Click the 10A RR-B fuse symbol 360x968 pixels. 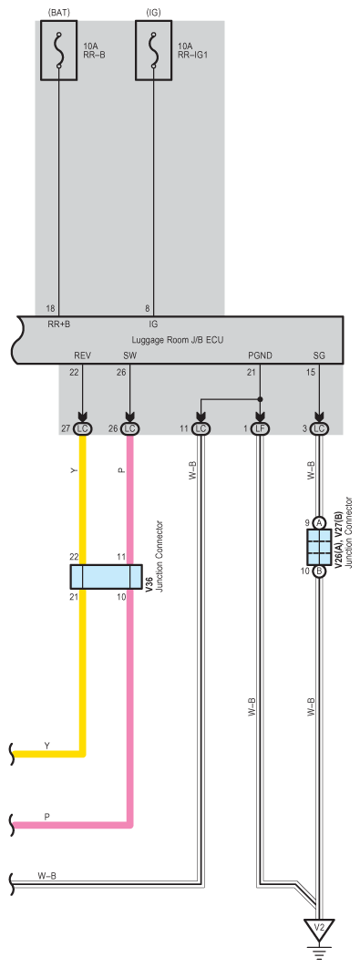pyautogui.click(x=59, y=58)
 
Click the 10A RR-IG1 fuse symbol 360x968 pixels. pyautogui.click(x=154, y=58)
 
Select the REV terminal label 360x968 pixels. pyautogui.click(x=82, y=356)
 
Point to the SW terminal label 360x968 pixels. pyautogui.click(x=129, y=356)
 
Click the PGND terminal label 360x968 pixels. pyautogui.click(x=260, y=356)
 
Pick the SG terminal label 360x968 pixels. pyautogui.click(x=319, y=356)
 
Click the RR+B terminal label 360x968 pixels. pyautogui.click(x=59, y=323)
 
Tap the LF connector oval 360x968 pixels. pyautogui.click(x=260, y=428)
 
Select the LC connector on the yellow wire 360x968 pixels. pyautogui.click(x=82, y=428)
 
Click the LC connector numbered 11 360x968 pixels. pyautogui.click(x=201, y=428)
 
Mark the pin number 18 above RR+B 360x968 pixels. pyautogui.click(x=50, y=308)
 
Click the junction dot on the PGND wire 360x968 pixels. pyautogui.click(x=260, y=399)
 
